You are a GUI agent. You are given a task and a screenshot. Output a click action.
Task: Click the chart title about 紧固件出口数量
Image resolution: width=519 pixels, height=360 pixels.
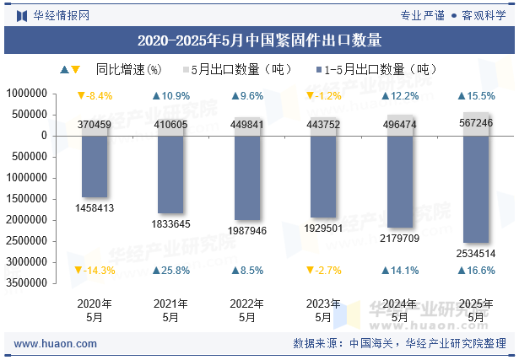pyautogui.click(x=259, y=40)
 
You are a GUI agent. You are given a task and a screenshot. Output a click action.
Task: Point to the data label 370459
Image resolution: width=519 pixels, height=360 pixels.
pyautogui.click(x=95, y=125)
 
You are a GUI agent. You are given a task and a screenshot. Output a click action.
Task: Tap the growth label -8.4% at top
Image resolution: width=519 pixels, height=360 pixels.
pyautogui.click(x=95, y=96)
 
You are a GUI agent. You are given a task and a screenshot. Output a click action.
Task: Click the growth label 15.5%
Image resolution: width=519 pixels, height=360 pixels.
pyautogui.click(x=477, y=96)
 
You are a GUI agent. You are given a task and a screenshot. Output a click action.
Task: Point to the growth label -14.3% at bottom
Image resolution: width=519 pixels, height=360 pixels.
pyautogui.click(x=95, y=271)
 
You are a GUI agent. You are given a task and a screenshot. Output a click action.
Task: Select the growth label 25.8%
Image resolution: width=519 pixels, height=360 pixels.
pyautogui.click(x=171, y=271)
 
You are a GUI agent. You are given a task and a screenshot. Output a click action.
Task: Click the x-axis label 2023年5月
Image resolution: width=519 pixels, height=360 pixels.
pyautogui.click(x=324, y=310)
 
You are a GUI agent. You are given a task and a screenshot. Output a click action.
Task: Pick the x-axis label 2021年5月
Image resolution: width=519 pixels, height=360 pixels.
pyautogui.click(x=171, y=310)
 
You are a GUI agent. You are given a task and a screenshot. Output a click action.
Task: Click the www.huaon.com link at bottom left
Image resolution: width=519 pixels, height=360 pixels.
pyautogui.click(x=56, y=344)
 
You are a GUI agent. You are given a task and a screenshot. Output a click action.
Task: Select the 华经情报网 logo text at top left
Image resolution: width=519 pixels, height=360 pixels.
pyautogui.click(x=60, y=14)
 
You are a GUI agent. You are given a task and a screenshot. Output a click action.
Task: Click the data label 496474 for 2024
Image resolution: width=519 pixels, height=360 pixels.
pyautogui.click(x=400, y=125)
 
